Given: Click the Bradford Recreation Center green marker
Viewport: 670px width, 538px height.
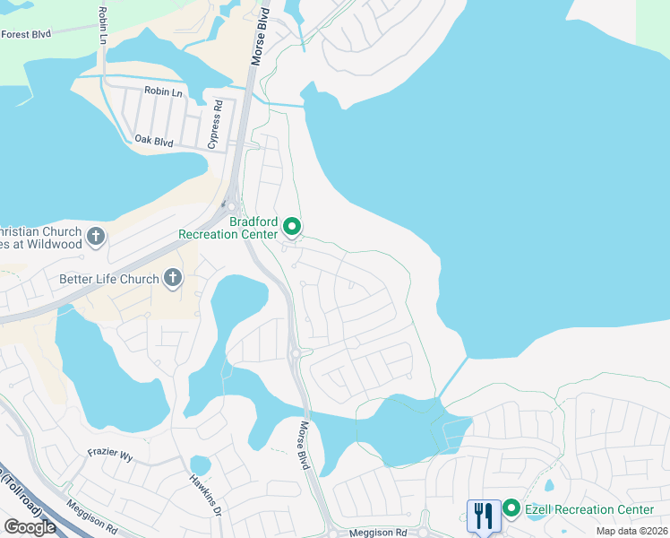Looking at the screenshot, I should point(292,227).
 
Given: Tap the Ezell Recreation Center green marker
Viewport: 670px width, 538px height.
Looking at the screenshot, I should point(511,508).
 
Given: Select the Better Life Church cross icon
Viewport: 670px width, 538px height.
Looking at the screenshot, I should point(172,279).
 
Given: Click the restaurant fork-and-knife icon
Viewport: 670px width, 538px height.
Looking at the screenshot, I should point(483,515).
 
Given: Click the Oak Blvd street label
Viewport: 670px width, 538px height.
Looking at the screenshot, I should point(153,140).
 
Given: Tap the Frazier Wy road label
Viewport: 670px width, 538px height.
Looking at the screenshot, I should point(110,456).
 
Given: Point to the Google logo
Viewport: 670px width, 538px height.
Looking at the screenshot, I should point(30,526).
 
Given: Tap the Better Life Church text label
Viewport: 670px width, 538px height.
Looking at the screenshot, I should point(108,279).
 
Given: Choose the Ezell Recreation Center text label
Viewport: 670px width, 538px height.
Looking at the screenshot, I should point(589,509).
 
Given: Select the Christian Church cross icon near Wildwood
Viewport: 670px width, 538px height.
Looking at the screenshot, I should point(96,237).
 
